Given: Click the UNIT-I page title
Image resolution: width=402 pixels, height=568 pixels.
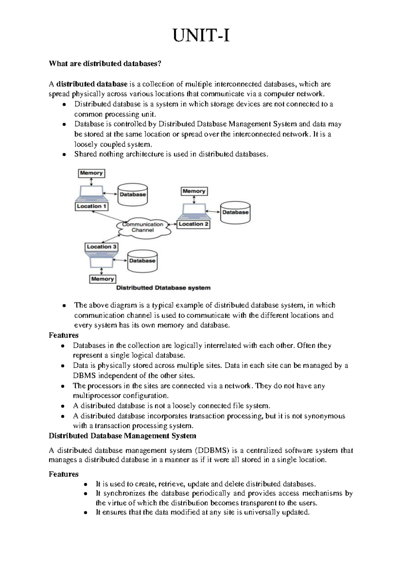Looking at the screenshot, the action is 201,36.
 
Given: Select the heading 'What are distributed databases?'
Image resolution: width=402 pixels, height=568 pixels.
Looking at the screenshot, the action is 105,64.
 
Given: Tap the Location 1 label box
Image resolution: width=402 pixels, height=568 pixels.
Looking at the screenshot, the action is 91,206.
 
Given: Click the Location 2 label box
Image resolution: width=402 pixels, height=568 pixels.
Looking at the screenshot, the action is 193,224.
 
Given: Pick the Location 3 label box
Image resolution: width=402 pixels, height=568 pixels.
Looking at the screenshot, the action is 101,247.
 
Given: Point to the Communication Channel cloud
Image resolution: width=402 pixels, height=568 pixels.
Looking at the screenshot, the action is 143,227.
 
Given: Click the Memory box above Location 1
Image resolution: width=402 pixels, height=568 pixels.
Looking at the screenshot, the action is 91,173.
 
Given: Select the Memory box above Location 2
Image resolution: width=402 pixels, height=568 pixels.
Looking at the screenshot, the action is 194,191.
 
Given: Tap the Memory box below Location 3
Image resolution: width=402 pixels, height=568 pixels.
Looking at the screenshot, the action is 103,279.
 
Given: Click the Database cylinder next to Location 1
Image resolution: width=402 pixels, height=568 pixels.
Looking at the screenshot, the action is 133,195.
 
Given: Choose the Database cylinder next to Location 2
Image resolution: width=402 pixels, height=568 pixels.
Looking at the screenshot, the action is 235,212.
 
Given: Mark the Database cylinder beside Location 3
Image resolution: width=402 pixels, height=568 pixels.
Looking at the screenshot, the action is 142,261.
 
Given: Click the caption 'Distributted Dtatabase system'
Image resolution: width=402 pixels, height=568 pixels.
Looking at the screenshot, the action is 163,288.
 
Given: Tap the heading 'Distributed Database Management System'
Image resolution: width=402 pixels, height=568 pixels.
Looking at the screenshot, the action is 122,436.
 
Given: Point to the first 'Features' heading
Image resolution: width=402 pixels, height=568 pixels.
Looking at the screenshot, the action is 63,335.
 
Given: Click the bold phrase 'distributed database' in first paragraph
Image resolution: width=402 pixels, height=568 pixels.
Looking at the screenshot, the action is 92,84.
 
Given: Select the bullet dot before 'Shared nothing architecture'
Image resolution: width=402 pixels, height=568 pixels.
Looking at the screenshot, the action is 64,155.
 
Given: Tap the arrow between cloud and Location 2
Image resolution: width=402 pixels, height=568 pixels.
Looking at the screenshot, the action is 172,224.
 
